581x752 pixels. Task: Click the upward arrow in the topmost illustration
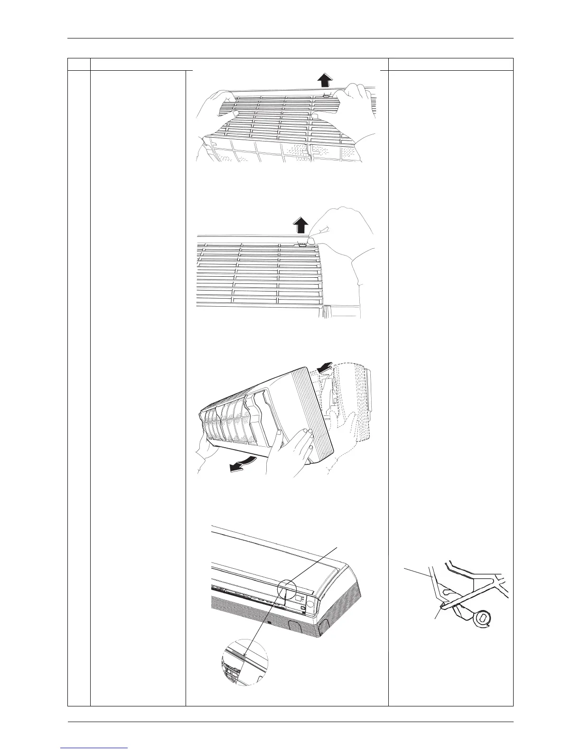click(x=324, y=80)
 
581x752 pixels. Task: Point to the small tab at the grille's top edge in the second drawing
click(x=302, y=245)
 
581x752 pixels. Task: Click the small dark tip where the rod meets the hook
click(x=442, y=605)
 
